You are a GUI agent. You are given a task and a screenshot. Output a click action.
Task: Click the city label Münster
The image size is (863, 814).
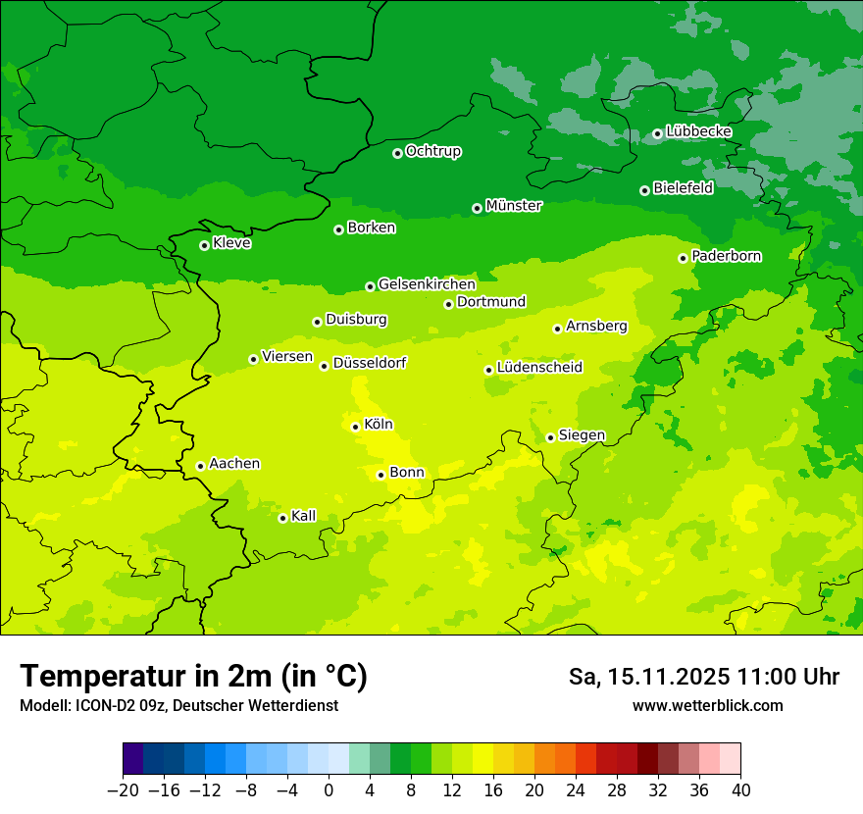point(513,206)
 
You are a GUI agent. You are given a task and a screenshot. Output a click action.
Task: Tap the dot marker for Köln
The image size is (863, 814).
point(355,427)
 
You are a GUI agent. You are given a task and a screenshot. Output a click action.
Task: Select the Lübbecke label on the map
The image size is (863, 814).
point(698,131)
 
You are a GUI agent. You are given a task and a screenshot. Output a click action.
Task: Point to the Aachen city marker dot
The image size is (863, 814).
point(200,466)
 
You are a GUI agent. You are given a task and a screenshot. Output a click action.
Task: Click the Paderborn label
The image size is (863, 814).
point(726,256)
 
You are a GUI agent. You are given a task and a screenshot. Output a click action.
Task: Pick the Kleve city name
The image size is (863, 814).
point(231,243)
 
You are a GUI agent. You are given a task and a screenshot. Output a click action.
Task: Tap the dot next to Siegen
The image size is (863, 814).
point(550,437)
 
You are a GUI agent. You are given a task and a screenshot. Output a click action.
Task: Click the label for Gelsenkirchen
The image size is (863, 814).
point(427,284)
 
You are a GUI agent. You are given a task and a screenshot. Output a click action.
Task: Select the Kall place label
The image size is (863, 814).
point(303,516)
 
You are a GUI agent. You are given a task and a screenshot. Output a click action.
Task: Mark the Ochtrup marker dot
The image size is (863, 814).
point(397,153)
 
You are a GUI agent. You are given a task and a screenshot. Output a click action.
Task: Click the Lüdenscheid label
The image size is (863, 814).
point(539,368)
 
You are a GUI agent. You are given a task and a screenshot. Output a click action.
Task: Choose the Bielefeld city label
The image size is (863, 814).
point(683,188)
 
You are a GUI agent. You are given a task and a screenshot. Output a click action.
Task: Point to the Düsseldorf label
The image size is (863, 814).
point(370,363)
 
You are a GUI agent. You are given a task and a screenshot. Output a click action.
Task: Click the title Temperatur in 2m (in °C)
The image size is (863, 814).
point(194,676)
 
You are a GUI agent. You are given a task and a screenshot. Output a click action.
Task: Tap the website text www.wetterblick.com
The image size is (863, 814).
point(707,705)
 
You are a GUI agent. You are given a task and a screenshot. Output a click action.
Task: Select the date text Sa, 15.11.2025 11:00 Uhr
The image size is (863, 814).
point(703,677)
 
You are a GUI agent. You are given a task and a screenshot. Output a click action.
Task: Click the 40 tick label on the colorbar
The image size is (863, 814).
point(740,790)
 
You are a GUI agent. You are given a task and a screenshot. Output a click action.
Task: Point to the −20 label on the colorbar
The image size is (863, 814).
point(123,790)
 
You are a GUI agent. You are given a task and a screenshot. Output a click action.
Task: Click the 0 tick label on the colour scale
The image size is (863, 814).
point(329,790)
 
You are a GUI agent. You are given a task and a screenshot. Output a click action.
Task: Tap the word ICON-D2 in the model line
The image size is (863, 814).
point(104,705)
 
